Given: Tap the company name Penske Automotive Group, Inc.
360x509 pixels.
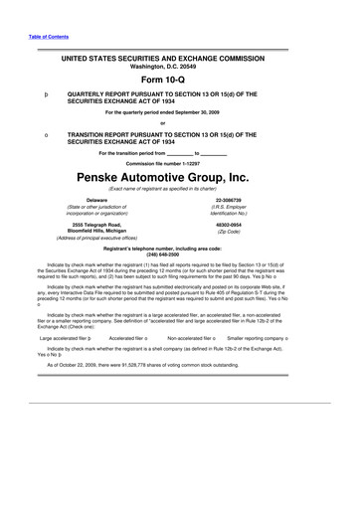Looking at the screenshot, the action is point(179,180).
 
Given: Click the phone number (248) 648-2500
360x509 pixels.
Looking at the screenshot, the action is point(179,254).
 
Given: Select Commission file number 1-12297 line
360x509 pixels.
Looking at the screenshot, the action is point(179,162).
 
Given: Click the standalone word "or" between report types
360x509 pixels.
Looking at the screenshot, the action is point(179,123).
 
